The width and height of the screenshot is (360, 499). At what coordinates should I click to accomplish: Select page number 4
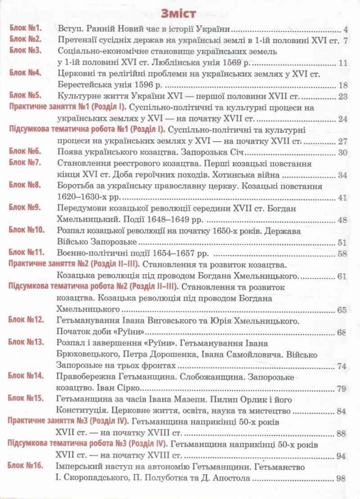coord(345,30)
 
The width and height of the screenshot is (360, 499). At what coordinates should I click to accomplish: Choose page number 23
coord(343,97)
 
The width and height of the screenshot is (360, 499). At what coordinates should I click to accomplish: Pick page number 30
coord(343,153)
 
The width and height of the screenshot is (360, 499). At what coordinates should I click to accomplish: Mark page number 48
coord(343,220)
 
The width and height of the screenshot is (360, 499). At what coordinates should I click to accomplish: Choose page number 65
coord(343,310)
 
